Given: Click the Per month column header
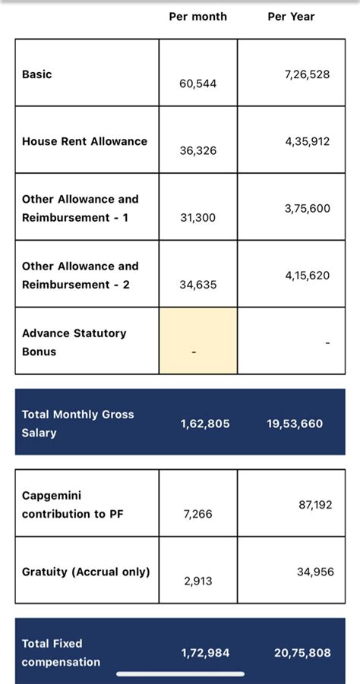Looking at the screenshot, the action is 197,16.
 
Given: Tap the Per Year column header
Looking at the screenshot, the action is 291,16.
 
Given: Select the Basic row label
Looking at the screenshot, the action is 37,74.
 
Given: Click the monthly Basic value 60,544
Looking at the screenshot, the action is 197,84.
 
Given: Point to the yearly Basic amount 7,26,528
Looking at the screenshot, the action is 307,74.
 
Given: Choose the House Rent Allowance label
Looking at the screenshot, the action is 84,141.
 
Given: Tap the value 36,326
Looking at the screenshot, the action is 197,150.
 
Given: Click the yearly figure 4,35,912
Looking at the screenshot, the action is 308,141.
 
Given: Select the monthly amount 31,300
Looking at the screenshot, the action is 197,217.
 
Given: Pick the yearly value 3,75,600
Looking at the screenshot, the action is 308,208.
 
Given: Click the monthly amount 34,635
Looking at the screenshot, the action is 197,285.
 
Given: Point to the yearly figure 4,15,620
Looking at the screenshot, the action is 308,276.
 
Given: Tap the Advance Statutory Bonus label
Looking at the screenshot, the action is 74,342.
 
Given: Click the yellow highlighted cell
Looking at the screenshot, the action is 197,341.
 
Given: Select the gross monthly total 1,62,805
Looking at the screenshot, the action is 205,424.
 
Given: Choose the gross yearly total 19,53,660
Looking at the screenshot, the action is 295,424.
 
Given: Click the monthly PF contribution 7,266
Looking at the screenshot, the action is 197,514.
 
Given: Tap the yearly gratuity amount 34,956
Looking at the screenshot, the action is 315,572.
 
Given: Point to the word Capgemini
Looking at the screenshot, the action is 52,496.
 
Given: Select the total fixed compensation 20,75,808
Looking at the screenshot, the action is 302,653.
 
